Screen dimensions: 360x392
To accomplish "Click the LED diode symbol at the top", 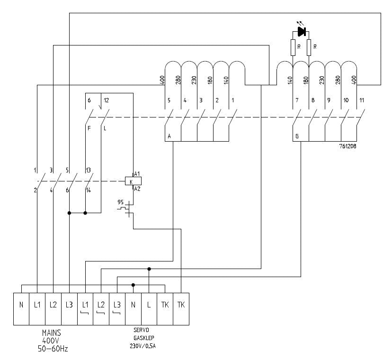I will (x=301, y=32).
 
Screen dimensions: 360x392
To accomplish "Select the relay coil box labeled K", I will (x=131, y=181).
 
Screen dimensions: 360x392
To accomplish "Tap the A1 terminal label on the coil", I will (x=137, y=174).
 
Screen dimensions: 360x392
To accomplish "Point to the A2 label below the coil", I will (x=137, y=189).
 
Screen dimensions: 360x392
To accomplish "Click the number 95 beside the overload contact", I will (x=121, y=202).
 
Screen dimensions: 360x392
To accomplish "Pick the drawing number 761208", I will (x=347, y=147).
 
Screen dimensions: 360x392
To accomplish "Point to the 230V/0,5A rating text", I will (x=143, y=345).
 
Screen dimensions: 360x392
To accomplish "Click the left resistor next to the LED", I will (x=293, y=47).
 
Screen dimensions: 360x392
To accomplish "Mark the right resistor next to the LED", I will (x=309, y=47).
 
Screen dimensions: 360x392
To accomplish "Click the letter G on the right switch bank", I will (x=297, y=136).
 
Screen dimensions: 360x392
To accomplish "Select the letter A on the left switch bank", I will (x=169, y=136).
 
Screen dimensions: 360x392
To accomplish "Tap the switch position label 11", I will (x=362, y=100).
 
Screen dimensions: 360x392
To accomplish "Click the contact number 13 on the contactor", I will (x=88, y=170).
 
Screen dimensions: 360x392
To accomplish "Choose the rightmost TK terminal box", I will (x=181, y=306).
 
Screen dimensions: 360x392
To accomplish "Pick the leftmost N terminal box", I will (x=21, y=306).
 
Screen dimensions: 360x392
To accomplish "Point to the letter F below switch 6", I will (x=89, y=128).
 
